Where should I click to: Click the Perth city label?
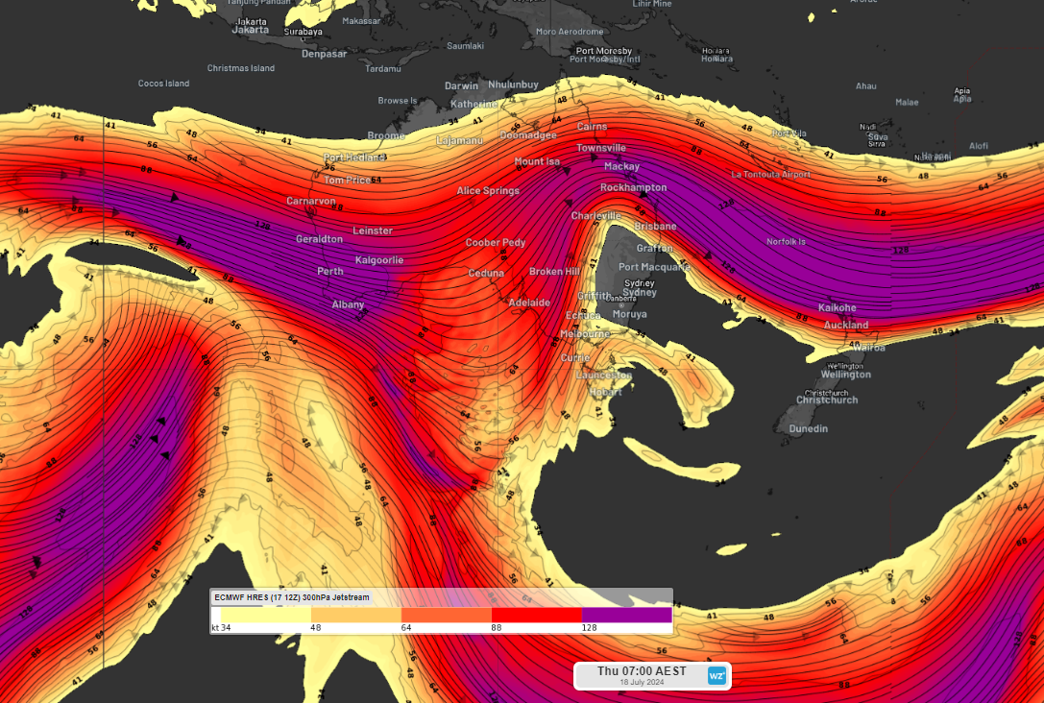330,272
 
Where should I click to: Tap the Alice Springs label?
488,191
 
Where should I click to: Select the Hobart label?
606,392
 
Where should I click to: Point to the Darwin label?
461,85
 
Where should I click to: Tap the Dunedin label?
808,428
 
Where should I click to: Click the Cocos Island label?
163,84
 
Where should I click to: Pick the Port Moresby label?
603,51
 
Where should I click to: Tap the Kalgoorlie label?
379,260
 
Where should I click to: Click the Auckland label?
846,325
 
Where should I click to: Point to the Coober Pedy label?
496,243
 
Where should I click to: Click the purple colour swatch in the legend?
626,615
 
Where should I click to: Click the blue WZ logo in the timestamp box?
716,675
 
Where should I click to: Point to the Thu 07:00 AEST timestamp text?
642,670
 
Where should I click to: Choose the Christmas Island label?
241,68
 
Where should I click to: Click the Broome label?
386,135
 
